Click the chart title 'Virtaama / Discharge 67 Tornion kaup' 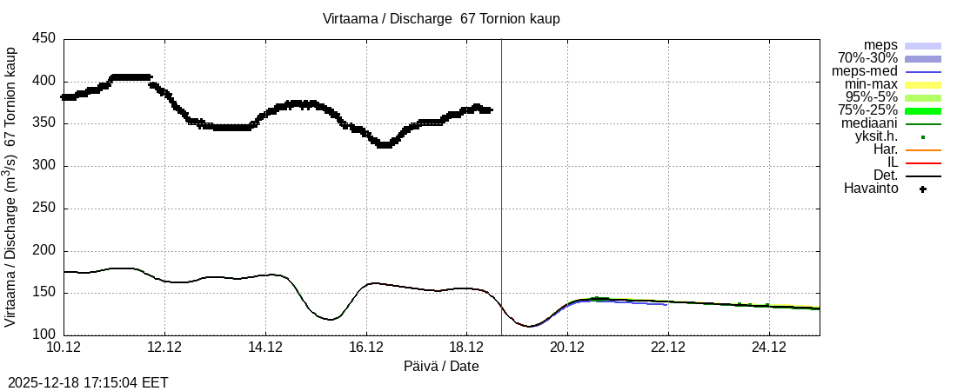(441, 18)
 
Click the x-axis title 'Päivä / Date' (441, 366)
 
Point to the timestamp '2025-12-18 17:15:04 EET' (88, 382)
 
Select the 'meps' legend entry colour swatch (923, 45)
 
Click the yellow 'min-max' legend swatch (923, 84)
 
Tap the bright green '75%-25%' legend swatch (923, 110)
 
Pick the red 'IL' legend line (923, 162)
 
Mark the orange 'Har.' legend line (923, 149)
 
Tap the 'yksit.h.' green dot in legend (923, 136)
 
